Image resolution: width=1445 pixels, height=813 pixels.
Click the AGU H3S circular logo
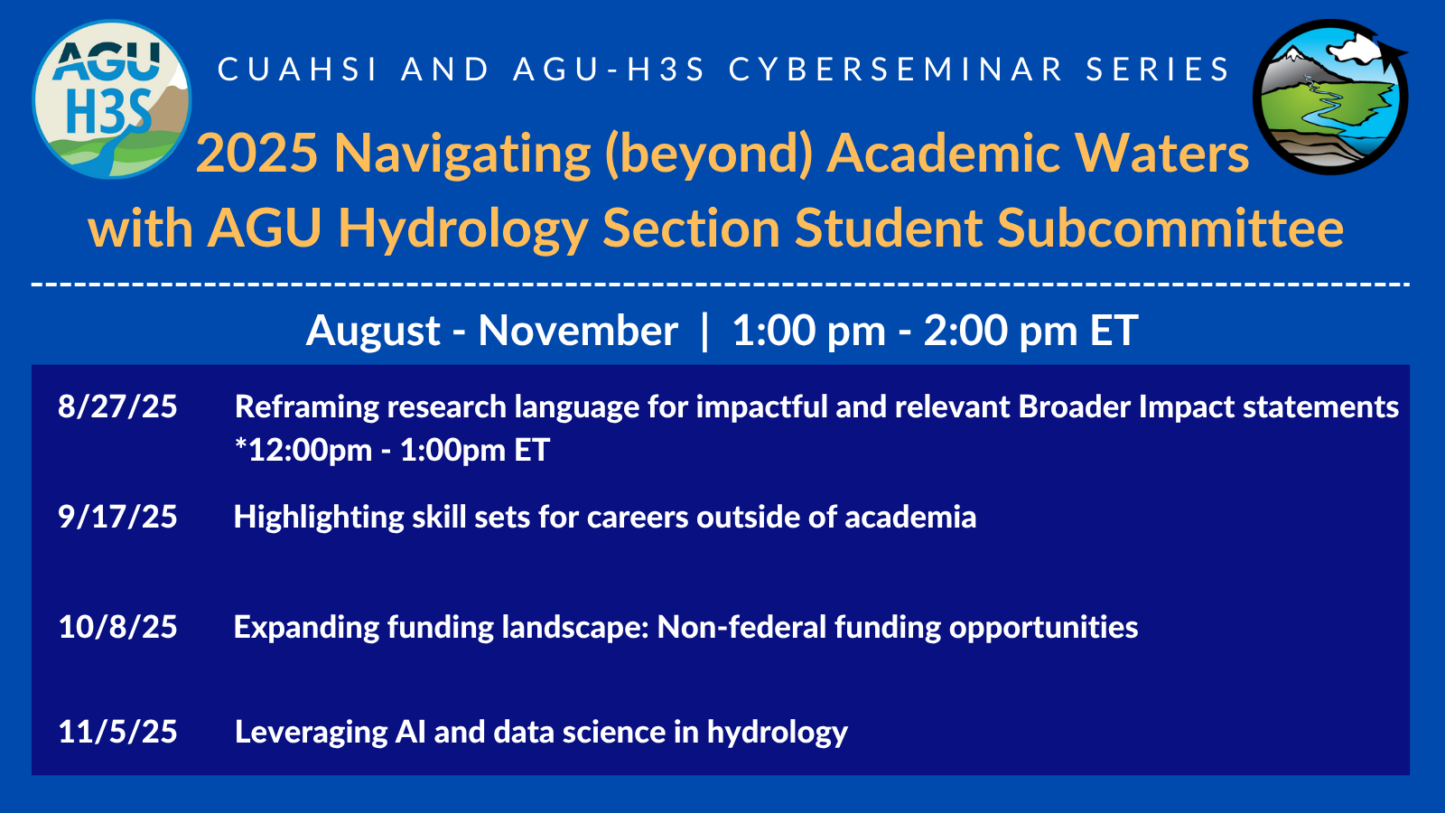[112, 99]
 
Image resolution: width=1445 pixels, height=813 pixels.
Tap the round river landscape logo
[1330, 97]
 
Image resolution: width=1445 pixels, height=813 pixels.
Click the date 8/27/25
[117, 407]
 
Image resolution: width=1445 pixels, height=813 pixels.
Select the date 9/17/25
[117, 517]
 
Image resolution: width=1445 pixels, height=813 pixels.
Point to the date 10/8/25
[117, 627]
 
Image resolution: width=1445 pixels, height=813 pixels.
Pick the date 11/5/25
[117, 732]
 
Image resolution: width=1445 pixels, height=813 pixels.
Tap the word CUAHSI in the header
[298, 70]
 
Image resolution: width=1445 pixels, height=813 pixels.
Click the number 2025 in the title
[257, 154]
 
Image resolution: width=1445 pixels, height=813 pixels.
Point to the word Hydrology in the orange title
[462, 230]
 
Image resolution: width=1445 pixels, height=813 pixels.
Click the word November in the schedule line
[578, 331]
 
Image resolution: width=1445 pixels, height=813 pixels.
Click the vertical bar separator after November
[704, 332]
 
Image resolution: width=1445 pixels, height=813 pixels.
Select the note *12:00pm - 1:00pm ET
[392, 450]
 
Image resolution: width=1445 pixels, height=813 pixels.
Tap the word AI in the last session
[410, 732]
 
